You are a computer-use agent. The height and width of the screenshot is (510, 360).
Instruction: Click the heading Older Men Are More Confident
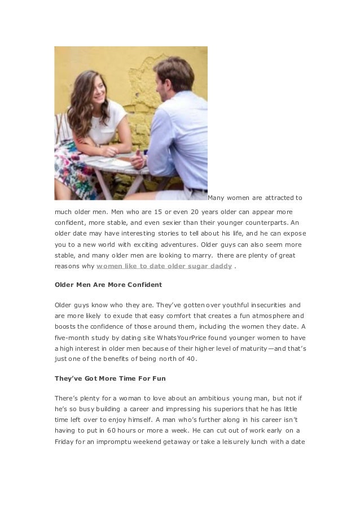pos(108,284)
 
